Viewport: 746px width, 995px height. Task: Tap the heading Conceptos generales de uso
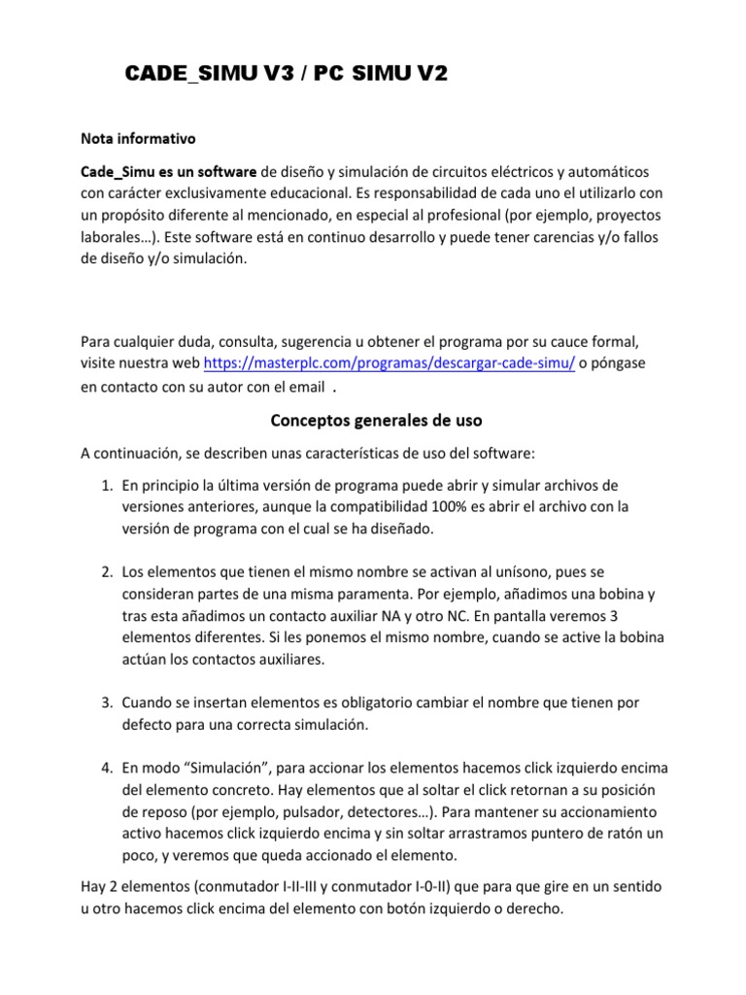[375, 421]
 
